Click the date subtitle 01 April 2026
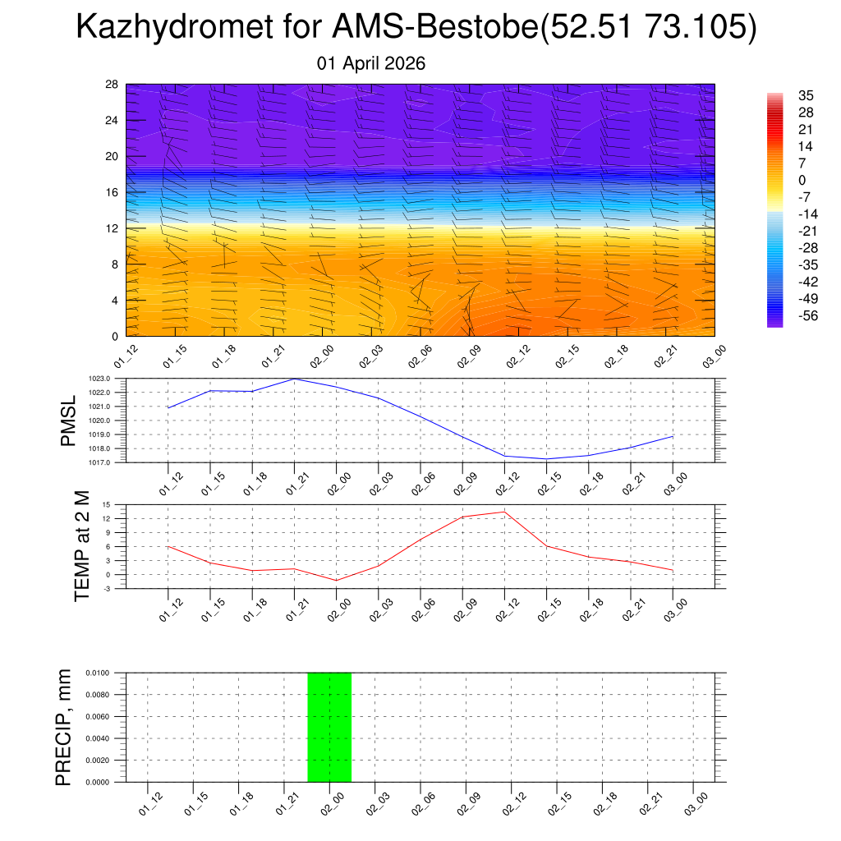(x=371, y=63)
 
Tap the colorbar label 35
(x=805, y=95)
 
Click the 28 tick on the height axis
(x=113, y=85)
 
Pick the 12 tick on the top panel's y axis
(x=113, y=228)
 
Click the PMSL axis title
(x=69, y=420)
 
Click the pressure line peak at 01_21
(x=294, y=379)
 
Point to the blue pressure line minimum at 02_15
(x=546, y=459)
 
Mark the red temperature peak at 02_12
(x=504, y=512)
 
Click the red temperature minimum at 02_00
(x=336, y=581)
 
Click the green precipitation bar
(x=329, y=727)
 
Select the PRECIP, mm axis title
(x=63, y=727)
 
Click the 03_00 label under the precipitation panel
(x=695, y=802)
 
